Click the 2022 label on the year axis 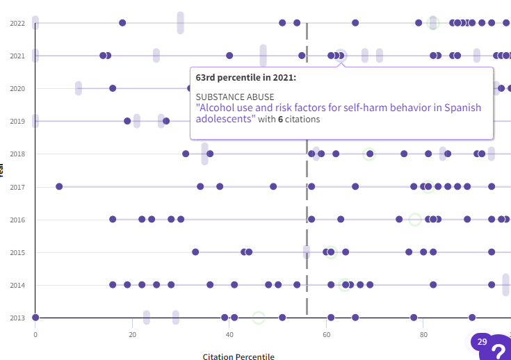17,23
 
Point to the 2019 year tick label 17,121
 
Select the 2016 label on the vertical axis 17,220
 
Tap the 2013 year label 17,318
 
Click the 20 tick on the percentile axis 132,334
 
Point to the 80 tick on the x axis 423,334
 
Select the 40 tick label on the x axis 229,334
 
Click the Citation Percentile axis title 238,357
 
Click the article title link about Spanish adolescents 339,113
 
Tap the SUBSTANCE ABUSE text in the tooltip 235,97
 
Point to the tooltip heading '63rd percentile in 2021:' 246,77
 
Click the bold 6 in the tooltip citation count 280,120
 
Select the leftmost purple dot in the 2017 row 59,186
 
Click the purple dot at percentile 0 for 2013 35,318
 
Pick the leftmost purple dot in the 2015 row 195,252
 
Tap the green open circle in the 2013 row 259,318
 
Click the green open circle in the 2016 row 415,220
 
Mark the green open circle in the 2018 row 369,154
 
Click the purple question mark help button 498,350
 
